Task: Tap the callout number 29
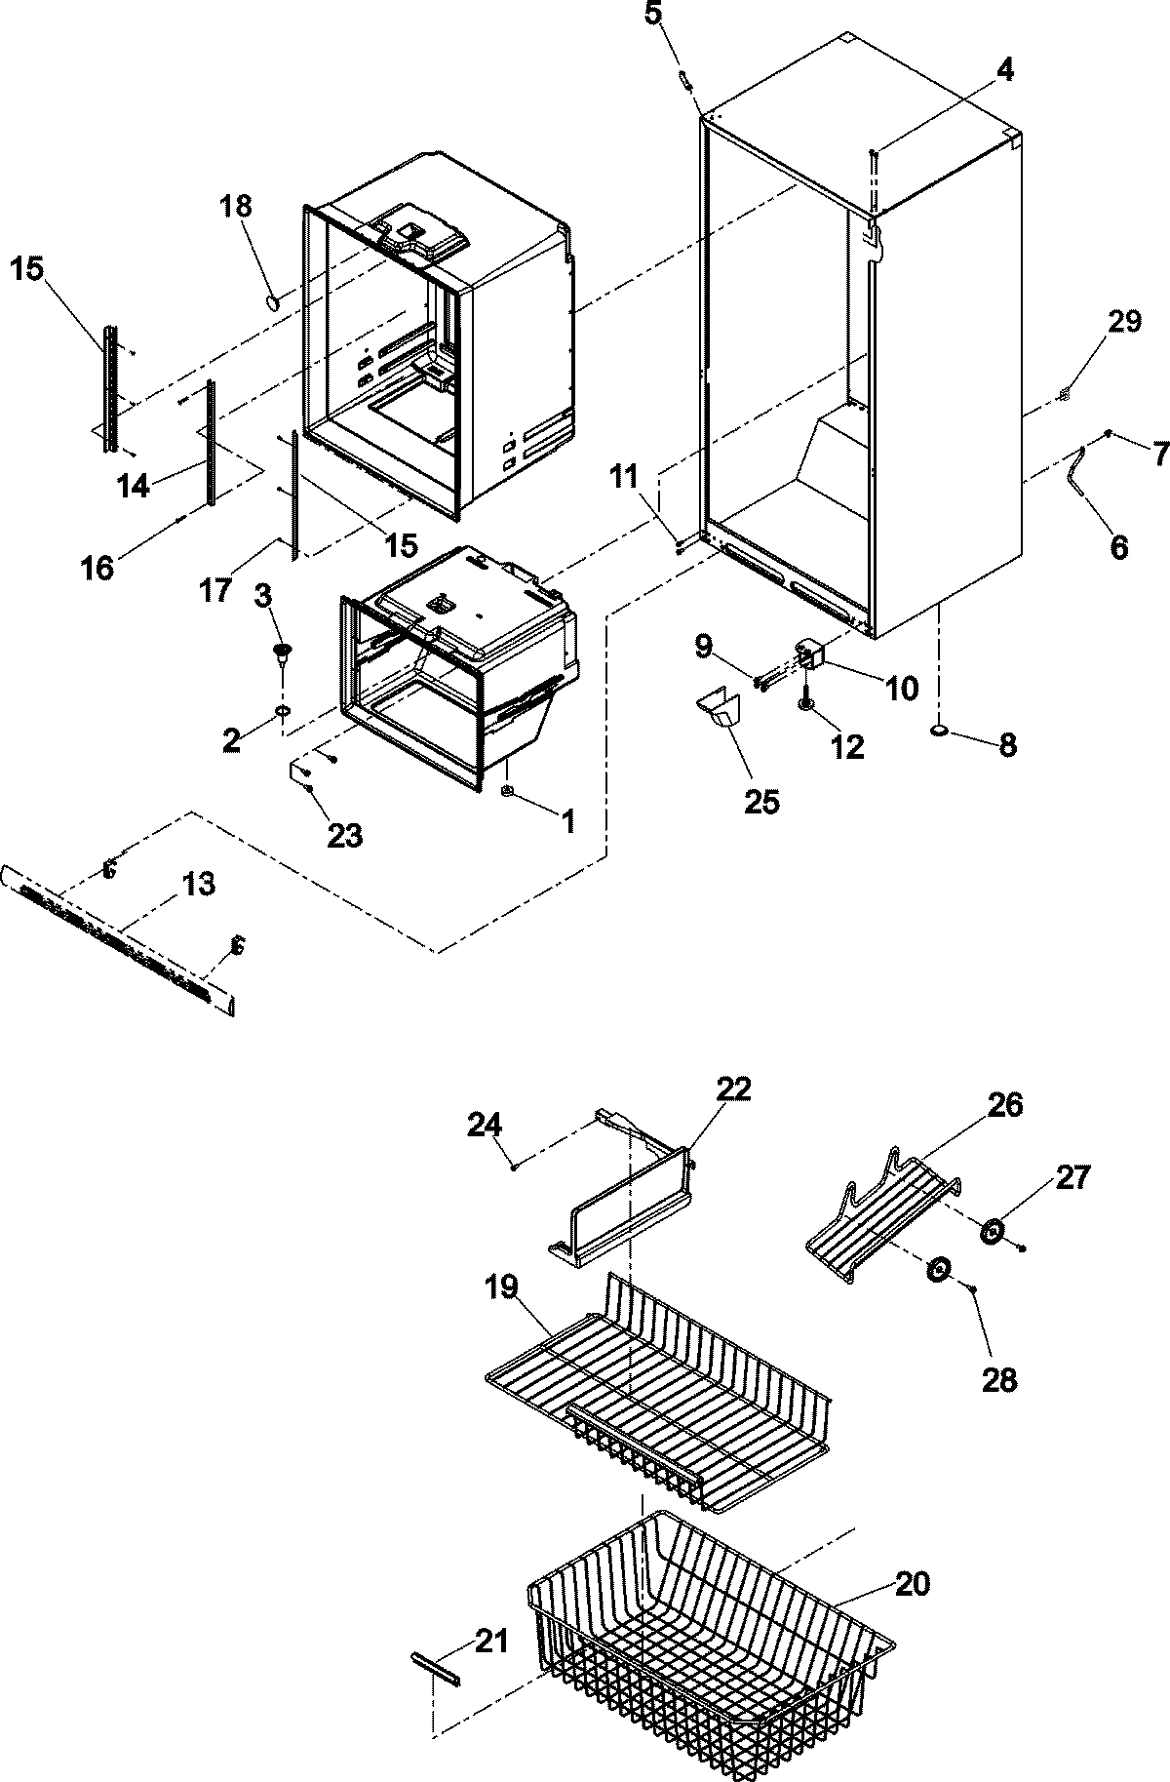(1123, 322)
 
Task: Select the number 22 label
(734, 1089)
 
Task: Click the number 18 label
(235, 206)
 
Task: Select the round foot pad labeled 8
(941, 730)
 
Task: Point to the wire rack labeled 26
(882, 1219)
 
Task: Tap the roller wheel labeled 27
(994, 1231)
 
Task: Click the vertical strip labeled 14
(209, 444)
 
